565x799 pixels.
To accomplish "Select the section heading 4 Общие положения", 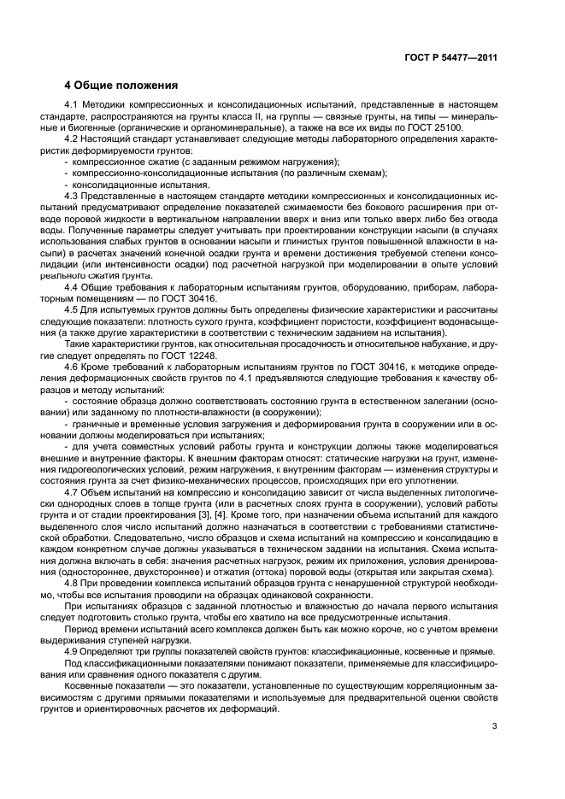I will (121, 85).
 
